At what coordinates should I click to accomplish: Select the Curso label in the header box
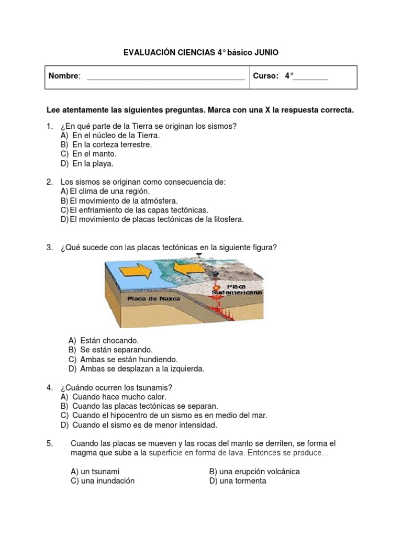click(265, 76)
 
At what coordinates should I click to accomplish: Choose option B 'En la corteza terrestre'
click(111, 144)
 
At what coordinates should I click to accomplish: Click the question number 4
click(49, 387)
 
